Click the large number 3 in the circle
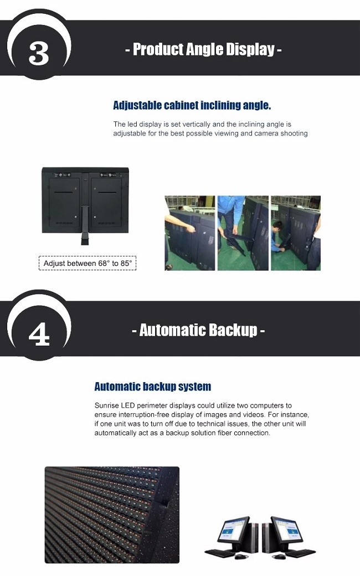(x=39, y=53)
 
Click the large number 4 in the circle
(x=39, y=334)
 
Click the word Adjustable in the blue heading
(x=137, y=105)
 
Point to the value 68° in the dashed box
(x=104, y=263)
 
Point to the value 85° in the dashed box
(x=126, y=263)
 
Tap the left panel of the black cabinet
(x=64, y=202)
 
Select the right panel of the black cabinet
(x=106, y=202)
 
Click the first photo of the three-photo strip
(x=189, y=233)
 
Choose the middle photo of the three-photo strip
(x=243, y=233)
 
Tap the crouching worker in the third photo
(x=279, y=237)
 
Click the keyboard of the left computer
(x=219, y=552)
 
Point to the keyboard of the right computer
(x=301, y=553)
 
